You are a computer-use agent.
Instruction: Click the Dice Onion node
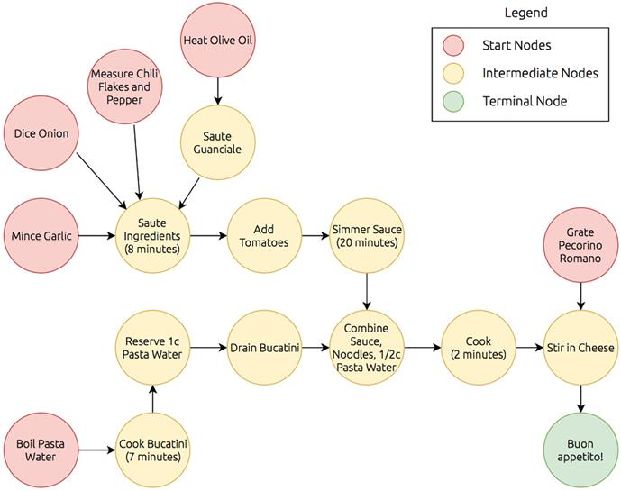tap(41, 134)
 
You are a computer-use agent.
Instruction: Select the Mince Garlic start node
tap(41, 236)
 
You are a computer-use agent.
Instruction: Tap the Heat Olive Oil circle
tap(218, 40)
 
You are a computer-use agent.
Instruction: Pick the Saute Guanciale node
tap(218, 141)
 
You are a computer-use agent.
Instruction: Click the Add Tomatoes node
tap(263, 236)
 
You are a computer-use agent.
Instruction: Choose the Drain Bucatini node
tap(263, 347)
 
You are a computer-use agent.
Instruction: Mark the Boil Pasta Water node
tap(41, 450)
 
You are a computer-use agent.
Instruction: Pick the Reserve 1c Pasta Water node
tap(153, 347)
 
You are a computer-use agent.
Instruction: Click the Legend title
tap(525, 14)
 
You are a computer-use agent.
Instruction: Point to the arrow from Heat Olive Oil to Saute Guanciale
tap(218, 90)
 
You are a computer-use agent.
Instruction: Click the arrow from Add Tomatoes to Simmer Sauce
tap(315, 236)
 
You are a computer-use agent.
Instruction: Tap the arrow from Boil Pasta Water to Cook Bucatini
tap(96, 450)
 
